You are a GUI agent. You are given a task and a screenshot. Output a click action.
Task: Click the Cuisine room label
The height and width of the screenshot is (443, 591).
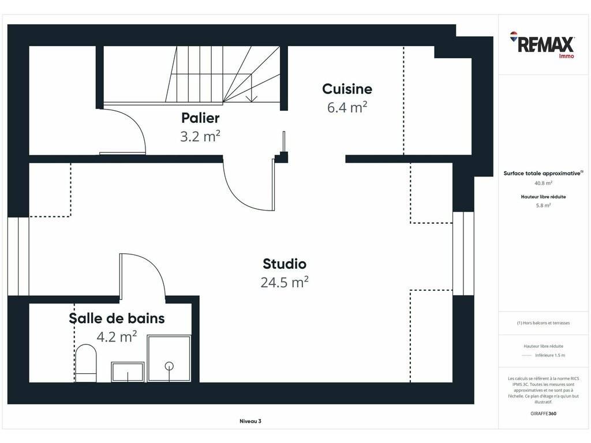click(347, 89)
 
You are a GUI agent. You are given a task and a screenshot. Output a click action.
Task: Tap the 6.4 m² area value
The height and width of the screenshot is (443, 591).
click(347, 107)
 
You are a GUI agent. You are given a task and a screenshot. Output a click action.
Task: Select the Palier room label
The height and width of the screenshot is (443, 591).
click(200, 118)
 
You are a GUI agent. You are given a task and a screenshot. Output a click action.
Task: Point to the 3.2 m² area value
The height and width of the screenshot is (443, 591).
click(200, 136)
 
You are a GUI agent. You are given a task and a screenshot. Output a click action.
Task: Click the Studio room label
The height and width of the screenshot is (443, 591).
click(285, 264)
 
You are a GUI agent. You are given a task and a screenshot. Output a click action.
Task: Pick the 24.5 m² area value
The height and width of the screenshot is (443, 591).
click(285, 281)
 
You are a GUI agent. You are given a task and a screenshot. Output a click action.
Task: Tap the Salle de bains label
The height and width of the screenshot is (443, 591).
click(117, 318)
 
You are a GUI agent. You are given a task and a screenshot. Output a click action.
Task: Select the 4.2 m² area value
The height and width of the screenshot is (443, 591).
click(117, 336)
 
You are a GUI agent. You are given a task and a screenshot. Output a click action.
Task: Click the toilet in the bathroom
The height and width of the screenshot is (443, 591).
click(86, 363)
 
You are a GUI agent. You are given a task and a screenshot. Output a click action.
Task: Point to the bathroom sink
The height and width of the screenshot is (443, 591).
click(128, 372)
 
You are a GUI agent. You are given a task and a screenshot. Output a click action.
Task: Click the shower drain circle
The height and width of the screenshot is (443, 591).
click(169, 365)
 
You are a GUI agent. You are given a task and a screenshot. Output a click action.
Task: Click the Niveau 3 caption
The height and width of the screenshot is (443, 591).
click(250, 421)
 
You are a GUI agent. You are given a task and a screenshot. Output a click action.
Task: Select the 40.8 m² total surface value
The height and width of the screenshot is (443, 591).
click(543, 183)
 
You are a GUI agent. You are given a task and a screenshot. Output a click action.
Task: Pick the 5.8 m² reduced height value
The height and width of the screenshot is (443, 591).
click(543, 205)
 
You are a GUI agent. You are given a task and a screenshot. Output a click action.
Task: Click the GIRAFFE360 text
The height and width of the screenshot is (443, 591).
click(543, 413)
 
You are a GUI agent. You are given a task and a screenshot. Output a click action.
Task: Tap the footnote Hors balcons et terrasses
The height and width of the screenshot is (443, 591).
click(543, 323)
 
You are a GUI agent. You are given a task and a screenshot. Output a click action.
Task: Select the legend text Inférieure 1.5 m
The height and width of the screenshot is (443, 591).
click(550, 355)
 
